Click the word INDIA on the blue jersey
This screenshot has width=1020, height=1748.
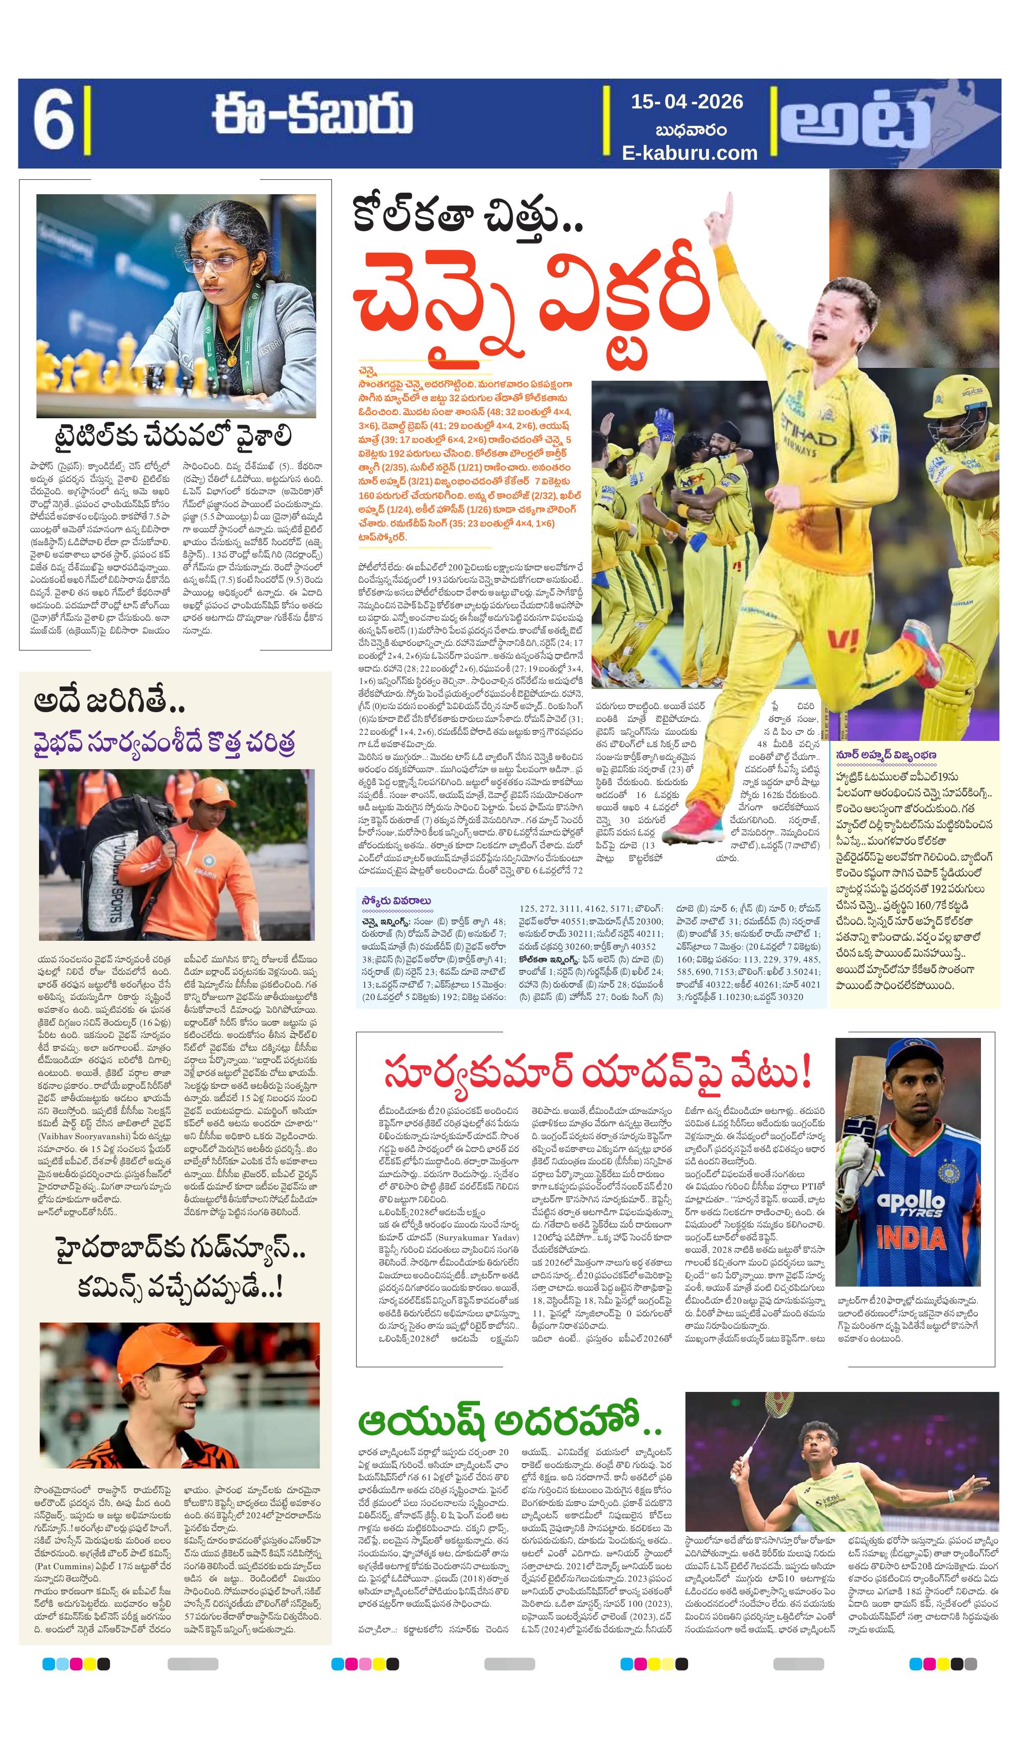click(x=912, y=1237)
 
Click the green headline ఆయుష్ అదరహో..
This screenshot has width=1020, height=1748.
click(x=510, y=1423)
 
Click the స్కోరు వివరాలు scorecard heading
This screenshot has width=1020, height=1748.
click(x=396, y=900)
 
